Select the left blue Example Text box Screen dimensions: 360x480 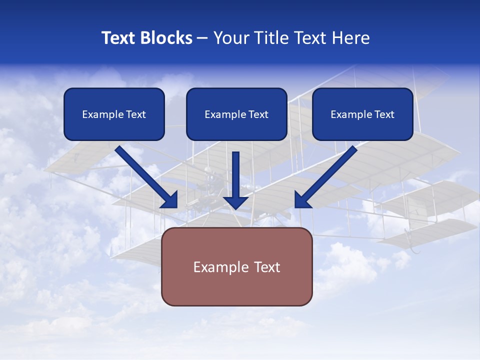tap(114, 114)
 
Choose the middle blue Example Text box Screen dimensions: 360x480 tap(236, 114)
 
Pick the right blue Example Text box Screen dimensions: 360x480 tap(362, 114)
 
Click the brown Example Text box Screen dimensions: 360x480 tap(236, 266)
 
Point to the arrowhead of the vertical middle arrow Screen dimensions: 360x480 tap(236, 202)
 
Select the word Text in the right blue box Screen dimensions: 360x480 tap(384, 114)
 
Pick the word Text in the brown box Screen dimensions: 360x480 tap(265, 267)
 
